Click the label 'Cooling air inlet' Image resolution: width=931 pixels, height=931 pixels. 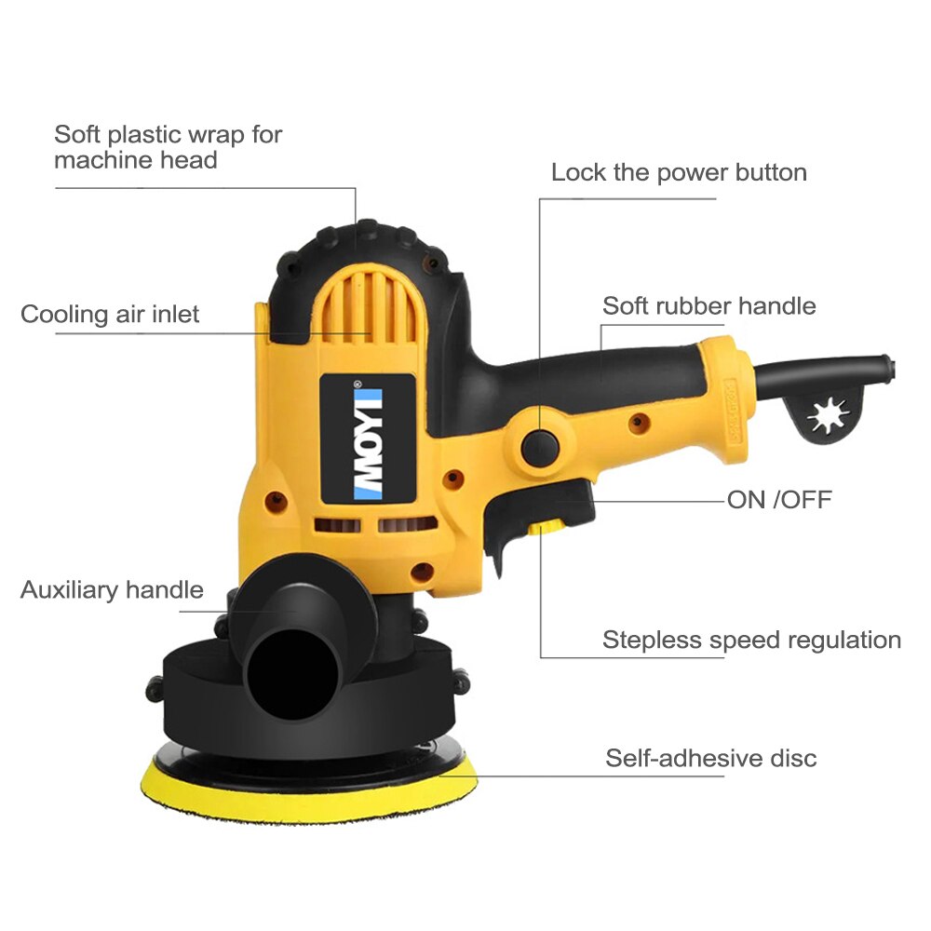point(110,314)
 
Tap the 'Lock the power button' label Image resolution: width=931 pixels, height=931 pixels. point(679,172)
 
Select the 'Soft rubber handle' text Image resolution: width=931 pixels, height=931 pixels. point(708,306)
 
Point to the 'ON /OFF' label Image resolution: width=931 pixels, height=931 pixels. point(779,500)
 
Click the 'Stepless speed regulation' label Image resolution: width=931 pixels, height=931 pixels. point(751,640)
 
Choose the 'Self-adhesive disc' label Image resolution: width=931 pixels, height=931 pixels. point(710,758)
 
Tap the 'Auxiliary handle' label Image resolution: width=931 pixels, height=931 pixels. point(112,589)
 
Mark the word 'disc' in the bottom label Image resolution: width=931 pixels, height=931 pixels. point(794,758)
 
